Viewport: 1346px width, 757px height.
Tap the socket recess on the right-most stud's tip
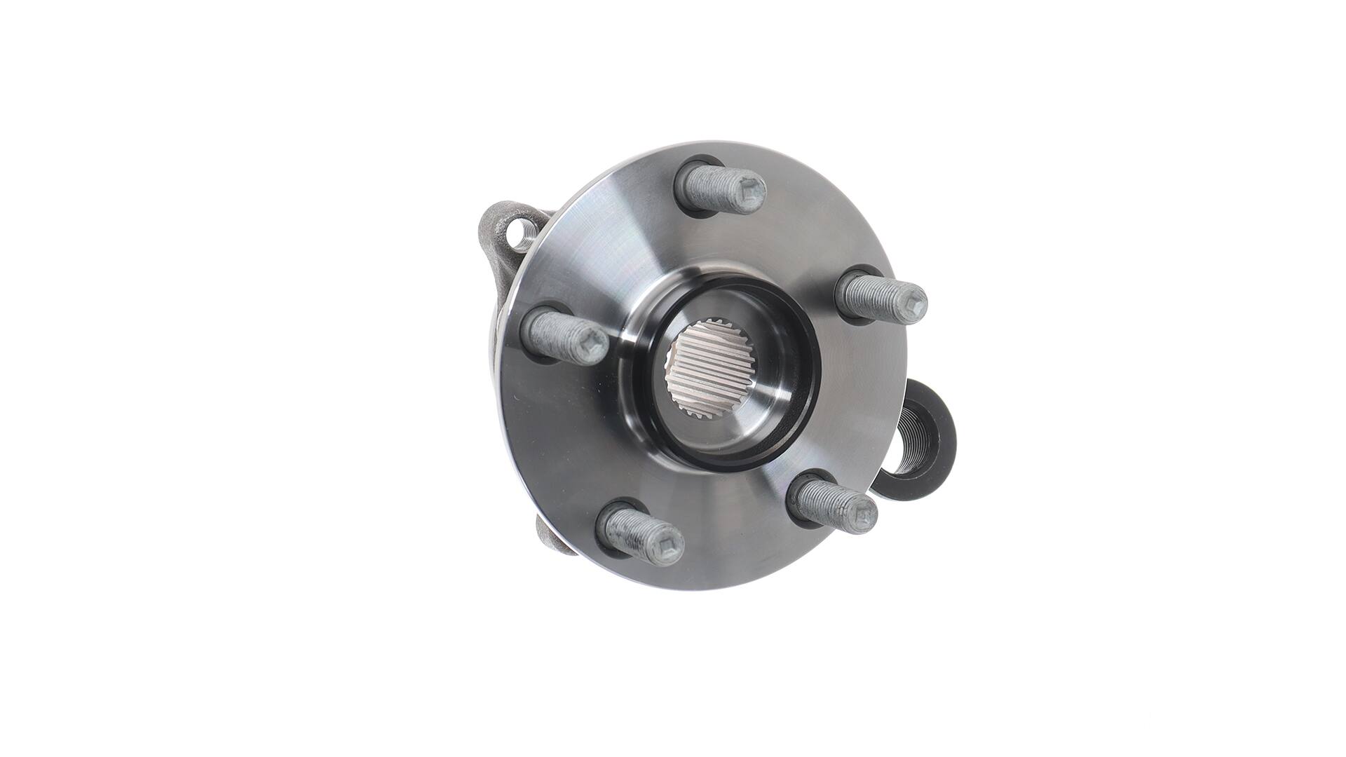[x=916, y=303]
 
